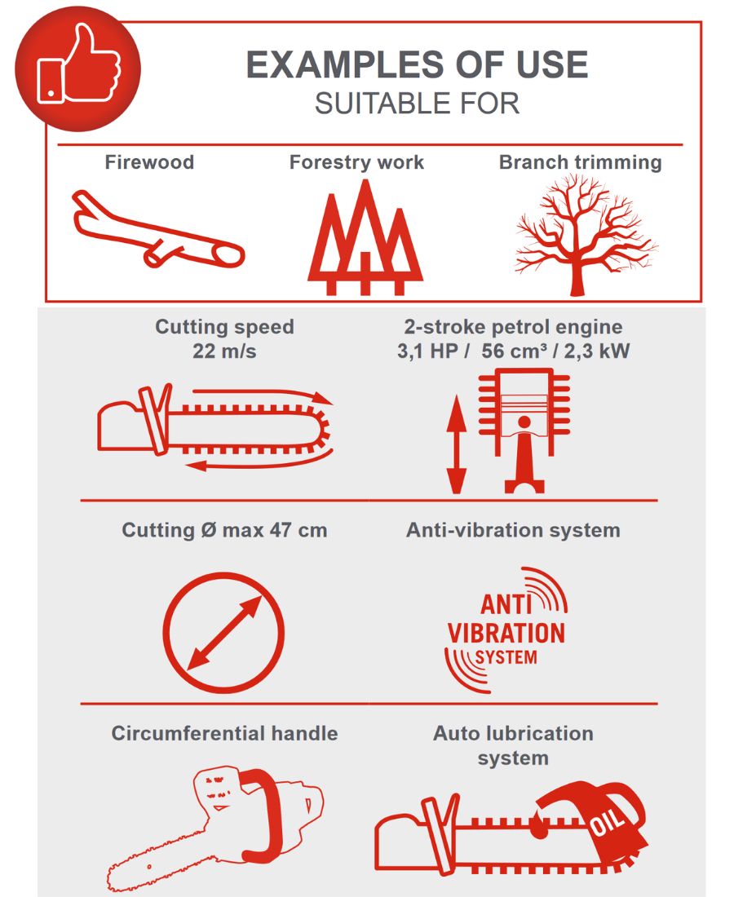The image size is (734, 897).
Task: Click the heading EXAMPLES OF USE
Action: pyautogui.click(x=417, y=64)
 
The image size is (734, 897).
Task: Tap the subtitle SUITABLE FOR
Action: pyautogui.click(x=417, y=104)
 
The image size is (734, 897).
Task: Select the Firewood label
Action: pyautogui.click(x=149, y=162)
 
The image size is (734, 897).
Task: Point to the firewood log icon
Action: pyautogui.click(x=158, y=229)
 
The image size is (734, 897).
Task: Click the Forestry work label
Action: pyautogui.click(x=356, y=162)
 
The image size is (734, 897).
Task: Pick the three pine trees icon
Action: pyautogui.click(x=365, y=237)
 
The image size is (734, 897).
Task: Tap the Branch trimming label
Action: pyautogui.click(x=580, y=162)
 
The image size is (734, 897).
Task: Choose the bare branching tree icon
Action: pyautogui.click(x=585, y=235)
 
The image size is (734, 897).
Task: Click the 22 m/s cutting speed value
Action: pyautogui.click(x=224, y=351)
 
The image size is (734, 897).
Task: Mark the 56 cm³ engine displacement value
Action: pyautogui.click(x=514, y=351)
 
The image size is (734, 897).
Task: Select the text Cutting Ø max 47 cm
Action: pyautogui.click(x=224, y=530)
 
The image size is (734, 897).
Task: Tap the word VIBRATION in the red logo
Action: pyautogui.click(x=506, y=634)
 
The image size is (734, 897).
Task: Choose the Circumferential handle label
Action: pyautogui.click(x=224, y=733)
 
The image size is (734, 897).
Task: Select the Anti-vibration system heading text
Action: pyautogui.click(x=513, y=530)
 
